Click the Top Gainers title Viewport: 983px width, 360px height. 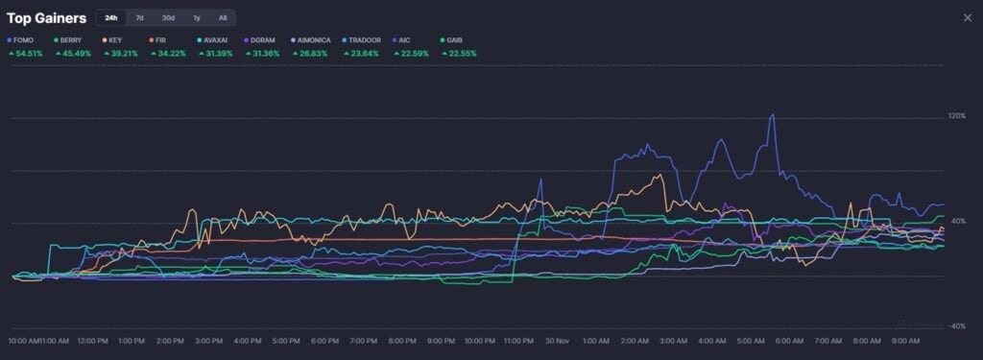(46, 17)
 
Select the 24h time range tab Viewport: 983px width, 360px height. (111, 17)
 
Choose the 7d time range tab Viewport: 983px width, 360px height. (139, 17)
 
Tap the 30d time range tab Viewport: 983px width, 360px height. (168, 17)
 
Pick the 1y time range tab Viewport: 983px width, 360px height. (197, 17)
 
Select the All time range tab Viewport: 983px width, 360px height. (223, 17)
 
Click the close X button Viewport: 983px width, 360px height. (967, 17)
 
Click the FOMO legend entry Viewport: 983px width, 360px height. (22, 40)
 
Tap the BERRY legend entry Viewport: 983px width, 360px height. (68, 40)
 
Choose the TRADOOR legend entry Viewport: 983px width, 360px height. (363, 40)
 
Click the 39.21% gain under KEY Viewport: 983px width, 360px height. (120, 53)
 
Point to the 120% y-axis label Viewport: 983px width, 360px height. (956, 116)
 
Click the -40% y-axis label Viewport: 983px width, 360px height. (956, 326)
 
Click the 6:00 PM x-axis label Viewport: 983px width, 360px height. (324, 341)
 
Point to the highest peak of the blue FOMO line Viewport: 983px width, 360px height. (773, 115)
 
